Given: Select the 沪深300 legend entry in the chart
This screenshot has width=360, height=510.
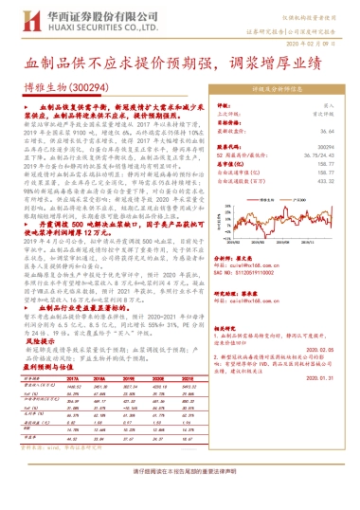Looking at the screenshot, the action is pyautogui.click(x=304, y=193).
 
